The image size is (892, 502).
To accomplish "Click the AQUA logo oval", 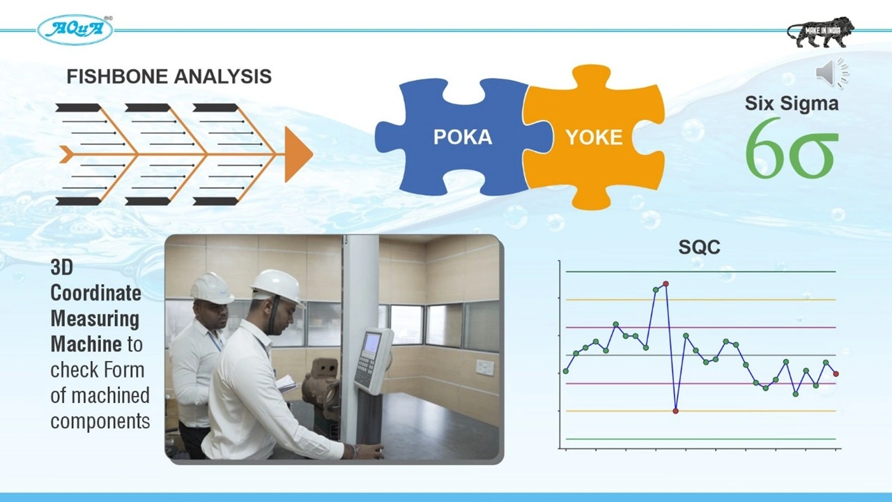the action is [75, 30].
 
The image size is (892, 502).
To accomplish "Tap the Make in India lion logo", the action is [820, 32].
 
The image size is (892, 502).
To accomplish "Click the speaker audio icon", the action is [832, 73].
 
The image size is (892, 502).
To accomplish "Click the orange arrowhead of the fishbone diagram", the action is [298, 155].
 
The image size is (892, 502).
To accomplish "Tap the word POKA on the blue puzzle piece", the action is [463, 137].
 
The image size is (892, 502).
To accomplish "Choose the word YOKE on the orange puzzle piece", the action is [594, 137].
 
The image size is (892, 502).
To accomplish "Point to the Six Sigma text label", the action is [792, 103].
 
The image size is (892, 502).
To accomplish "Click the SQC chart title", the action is [699, 247].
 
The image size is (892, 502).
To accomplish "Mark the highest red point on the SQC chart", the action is [666, 284].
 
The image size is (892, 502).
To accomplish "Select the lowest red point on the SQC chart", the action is [675, 411].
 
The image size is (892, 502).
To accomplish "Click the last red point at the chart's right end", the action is [836, 374].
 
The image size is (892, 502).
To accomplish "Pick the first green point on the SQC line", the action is [566, 372].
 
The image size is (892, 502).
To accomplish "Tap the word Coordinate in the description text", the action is [96, 294].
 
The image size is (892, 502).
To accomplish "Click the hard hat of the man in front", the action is [278, 287].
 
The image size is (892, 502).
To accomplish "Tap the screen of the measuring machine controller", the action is [371, 342].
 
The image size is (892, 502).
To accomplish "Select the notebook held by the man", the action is [286, 383].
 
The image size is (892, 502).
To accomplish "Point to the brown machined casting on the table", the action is [321, 384].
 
